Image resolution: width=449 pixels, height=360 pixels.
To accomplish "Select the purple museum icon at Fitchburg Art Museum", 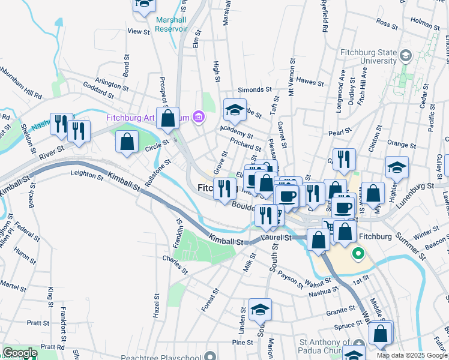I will [199, 117].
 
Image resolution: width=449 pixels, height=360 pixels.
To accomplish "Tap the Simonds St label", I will [255, 89].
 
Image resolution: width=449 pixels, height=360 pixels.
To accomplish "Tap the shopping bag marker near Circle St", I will [127, 143].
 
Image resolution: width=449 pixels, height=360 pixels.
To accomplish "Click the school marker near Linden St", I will [260, 309].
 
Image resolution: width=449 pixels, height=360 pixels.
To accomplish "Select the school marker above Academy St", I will [235, 109].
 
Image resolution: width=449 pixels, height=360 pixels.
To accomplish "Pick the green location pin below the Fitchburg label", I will [358, 254].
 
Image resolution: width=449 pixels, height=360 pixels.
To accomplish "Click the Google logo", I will [20, 353].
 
